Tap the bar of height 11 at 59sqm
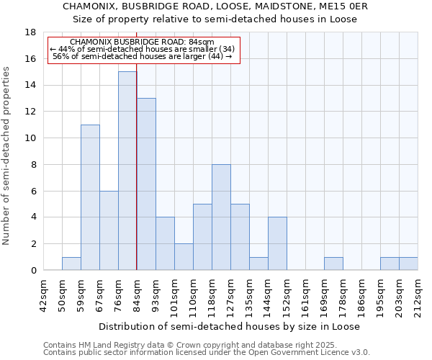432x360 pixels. pyautogui.click(x=90, y=197)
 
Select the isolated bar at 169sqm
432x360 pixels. pyautogui.click(x=333, y=264)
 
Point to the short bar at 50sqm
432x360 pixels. pyautogui.click(x=71, y=264)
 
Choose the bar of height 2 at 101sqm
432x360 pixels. pyautogui.click(x=184, y=257)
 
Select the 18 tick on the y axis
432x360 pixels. pyautogui.click(x=31, y=32)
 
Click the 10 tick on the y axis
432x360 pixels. pyautogui.click(x=31, y=138)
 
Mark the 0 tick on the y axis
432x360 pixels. pyautogui.click(x=33, y=271)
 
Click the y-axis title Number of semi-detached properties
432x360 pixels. pyautogui.click(x=6, y=156)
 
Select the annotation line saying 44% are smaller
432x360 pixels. pyautogui.click(x=143, y=49)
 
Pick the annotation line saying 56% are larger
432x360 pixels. pyautogui.click(x=143, y=56)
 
